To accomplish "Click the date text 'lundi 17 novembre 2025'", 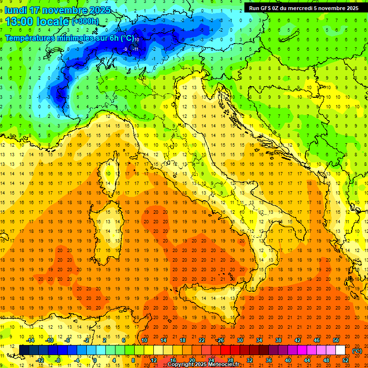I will coord(57,10).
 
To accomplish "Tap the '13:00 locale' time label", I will coord(37,22).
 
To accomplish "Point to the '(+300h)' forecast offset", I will coord(85,22).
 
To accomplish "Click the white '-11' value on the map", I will coord(136,49).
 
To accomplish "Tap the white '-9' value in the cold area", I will coord(126,49).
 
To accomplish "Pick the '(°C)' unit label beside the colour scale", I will coord(357,351).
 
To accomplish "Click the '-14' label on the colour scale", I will coord(31,340).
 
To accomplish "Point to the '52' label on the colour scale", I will coord(346,360).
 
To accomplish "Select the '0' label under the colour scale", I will coord(95,360).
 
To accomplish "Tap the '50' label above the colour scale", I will coord(336,340).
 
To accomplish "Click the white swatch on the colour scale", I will coord(340,350).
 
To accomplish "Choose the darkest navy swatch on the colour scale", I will coord(24,350).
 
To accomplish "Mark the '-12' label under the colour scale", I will coord(40,360).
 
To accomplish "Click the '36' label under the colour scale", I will coord(269,360).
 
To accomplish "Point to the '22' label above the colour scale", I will coord(202,340).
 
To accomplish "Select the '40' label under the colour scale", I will coord(288,360).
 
